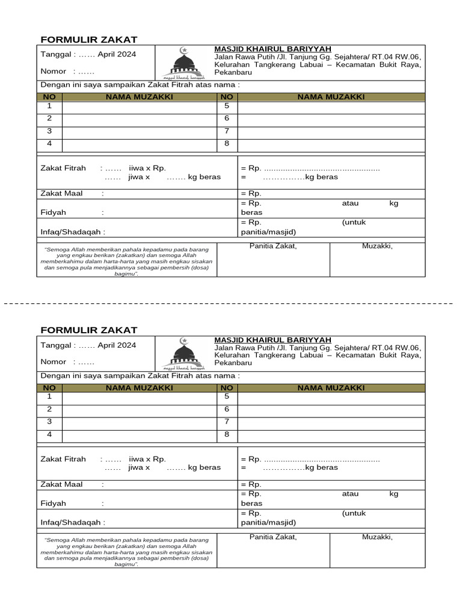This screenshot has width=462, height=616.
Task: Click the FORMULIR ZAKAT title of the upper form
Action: point(88,40)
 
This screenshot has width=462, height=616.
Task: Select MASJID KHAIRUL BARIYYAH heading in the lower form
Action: point(273,340)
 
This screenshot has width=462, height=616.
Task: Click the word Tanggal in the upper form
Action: point(57,54)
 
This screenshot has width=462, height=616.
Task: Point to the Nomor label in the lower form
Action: point(53,362)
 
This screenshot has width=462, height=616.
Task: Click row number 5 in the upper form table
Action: point(227,106)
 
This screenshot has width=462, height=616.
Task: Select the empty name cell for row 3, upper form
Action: point(140,131)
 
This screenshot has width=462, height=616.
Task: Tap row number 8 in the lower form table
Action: point(227,434)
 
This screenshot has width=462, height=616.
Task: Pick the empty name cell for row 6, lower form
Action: point(331,409)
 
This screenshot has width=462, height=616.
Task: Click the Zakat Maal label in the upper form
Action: point(61,193)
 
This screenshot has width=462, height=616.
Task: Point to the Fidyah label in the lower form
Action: point(53,504)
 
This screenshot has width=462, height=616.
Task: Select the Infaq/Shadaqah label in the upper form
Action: point(72,232)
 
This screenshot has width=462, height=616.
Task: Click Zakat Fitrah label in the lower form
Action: point(63,459)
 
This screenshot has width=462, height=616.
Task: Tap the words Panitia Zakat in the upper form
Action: point(273,245)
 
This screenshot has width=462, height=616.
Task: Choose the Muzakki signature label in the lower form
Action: point(377,537)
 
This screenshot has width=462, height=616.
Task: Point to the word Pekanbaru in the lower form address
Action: point(233,363)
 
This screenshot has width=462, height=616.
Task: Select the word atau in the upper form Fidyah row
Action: point(350,203)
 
